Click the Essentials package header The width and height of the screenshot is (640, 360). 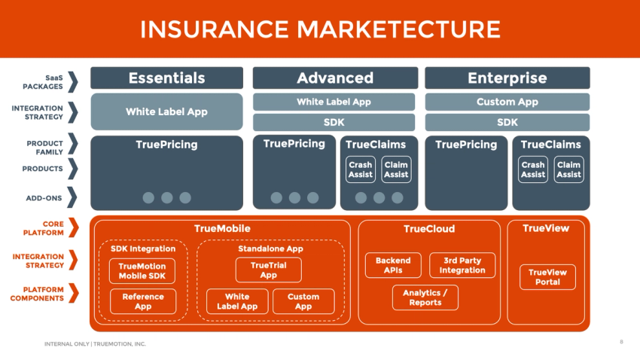[x=166, y=78]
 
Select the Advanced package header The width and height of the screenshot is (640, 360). [x=334, y=78]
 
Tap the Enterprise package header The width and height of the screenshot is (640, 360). [x=507, y=78]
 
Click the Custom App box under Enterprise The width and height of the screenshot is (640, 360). [x=507, y=102]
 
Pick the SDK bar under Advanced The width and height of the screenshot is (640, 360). [x=334, y=122]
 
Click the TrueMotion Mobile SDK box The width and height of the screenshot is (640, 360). [x=143, y=271]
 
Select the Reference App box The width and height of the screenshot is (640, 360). [x=143, y=301]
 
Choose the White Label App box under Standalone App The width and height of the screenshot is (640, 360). [x=237, y=301]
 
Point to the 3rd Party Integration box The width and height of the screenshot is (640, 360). [x=462, y=265]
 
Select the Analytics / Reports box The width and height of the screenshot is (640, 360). [x=425, y=297]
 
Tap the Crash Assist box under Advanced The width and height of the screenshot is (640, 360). [x=360, y=169]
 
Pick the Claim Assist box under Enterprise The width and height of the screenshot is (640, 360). [x=568, y=169]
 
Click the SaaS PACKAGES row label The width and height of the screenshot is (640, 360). [x=43, y=81]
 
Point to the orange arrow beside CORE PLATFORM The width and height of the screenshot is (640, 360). [x=73, y=227]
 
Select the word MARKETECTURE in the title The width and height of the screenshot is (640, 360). [x=398, y=29]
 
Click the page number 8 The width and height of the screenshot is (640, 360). [x=621, y=342]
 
